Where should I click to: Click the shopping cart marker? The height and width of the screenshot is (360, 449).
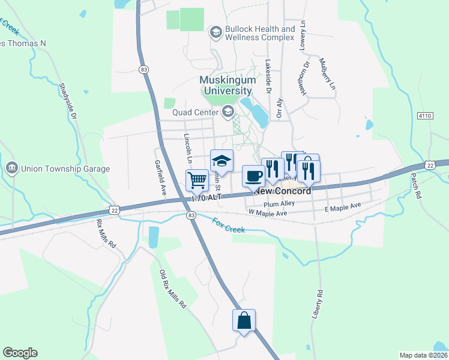(x=197, y=180)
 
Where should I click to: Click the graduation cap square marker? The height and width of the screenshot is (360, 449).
(x=221, y=160)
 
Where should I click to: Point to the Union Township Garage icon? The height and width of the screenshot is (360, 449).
(x=11, y=168)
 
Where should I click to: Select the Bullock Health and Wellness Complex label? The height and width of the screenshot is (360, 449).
(x=259, y=32)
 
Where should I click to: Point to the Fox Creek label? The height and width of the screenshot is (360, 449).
(x=228, y=227)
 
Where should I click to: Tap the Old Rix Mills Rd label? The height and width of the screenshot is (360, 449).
(x=172, y=289)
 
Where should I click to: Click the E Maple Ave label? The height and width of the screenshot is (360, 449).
(x=343, y=207)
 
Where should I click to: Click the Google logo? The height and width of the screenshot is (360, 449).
(x=20, y=353)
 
